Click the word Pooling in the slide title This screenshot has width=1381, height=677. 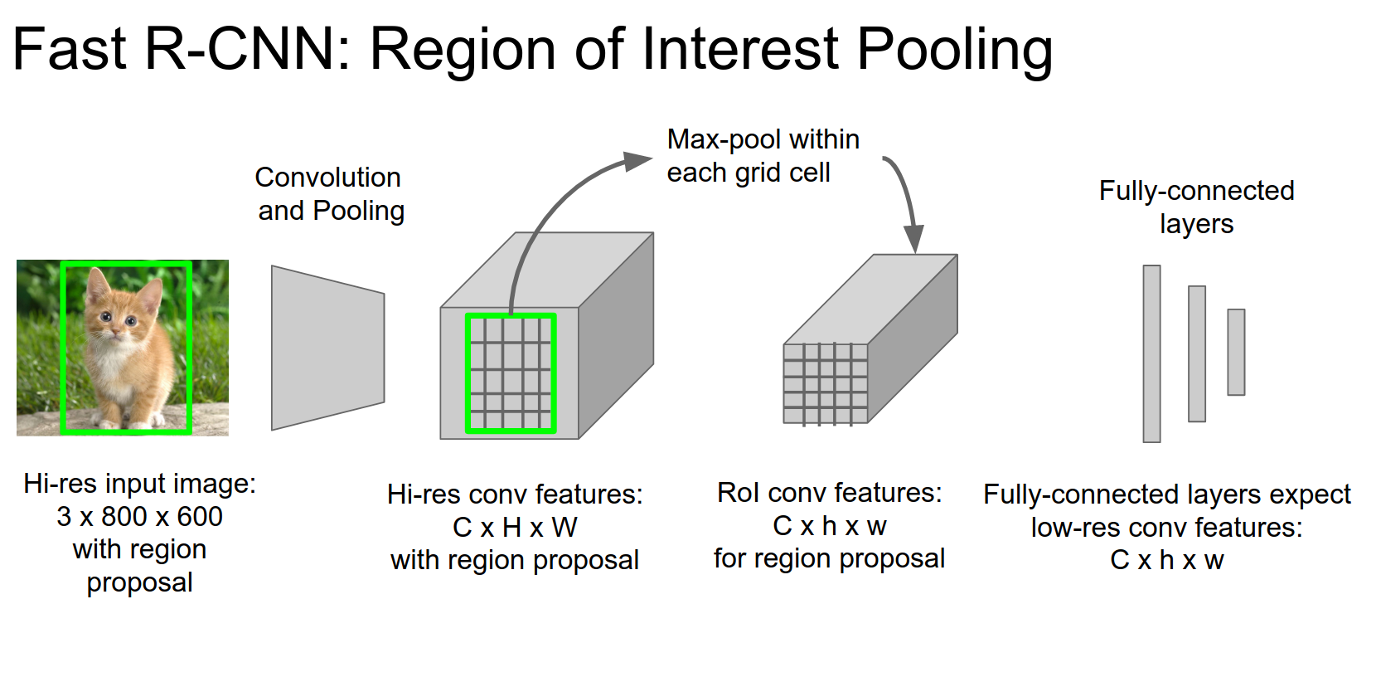point(954,50)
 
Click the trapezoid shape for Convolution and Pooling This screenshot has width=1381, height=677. point(327,348)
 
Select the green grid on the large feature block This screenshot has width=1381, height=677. point(511,373)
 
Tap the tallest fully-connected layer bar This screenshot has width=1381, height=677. point(1151,353)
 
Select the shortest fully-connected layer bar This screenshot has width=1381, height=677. point(1236,352)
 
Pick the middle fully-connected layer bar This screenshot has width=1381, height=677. point(1196,353)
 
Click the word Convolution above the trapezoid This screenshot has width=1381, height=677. point(327,177)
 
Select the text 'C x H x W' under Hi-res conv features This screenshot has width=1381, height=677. point(515,527)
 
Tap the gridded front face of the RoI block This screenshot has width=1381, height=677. point(826,383)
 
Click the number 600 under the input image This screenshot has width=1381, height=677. point(200,517)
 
